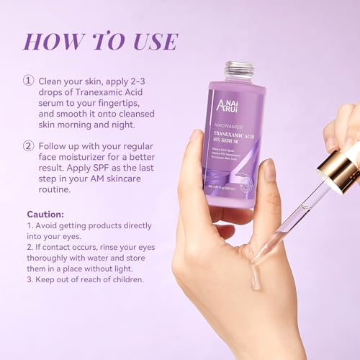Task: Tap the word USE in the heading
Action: pyautogui.click(x=150, y=41)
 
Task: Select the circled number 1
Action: pyautogui.click(x=29, y=80)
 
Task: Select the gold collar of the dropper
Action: pyautogui.click(x=338, y=172)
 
